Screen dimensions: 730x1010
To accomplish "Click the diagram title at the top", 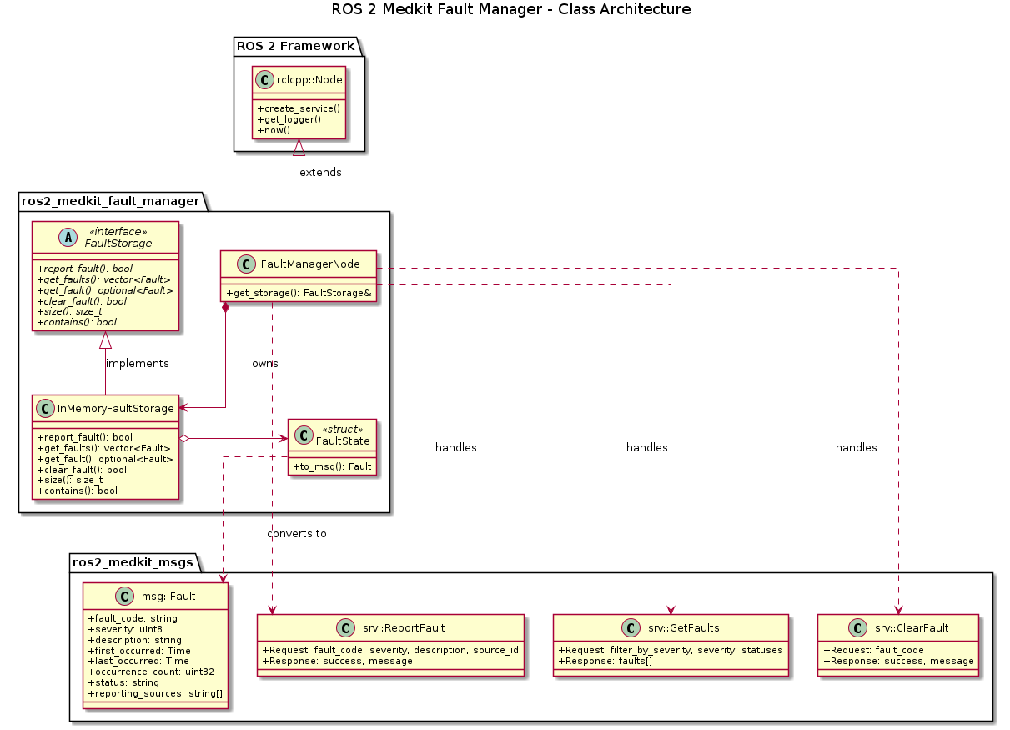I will point(510,10).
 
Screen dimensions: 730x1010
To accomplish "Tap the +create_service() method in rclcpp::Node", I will point(299,108).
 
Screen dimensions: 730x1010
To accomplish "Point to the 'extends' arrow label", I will point(320,172).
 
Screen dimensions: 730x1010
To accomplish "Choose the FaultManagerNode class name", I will point(310,264).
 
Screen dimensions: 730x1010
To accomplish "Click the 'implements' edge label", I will point(137,364).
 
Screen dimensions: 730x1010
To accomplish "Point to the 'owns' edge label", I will point(264,364).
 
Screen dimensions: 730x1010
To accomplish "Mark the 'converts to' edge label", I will point(297,533).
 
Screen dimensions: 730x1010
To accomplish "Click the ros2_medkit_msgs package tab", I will point(133,562).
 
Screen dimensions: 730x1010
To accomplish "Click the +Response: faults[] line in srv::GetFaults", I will point(605,661).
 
